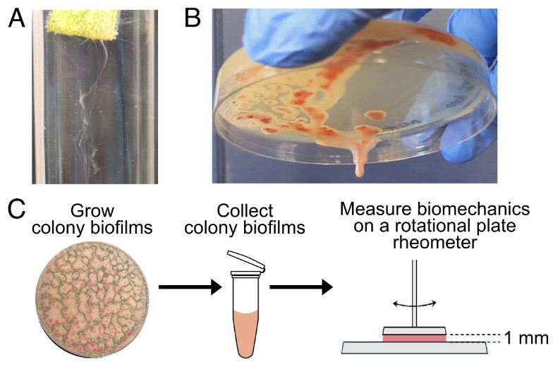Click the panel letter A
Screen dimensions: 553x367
(x=16, y=18)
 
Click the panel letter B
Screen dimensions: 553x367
(x=193, y=18)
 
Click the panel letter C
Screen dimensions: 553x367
(x=17, y=209)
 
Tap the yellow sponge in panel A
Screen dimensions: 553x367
(x=83, y=25)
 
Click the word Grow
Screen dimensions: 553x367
(x=92, y=211)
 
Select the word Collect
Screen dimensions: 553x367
(x=245, y=210)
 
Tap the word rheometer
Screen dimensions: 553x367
(x=435, y=243)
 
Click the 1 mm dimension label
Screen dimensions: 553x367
(x=526, y=337)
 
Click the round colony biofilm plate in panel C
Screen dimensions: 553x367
(x=92, y=300)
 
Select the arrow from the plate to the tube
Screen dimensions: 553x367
(x=190, y=287)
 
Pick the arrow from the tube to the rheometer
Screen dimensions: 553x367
(x=301, y=287)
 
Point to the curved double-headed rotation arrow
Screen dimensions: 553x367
(x=415, y=303)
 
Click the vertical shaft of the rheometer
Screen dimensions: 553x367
(x=415, y=294)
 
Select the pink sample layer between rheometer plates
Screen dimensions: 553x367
(x=415, y=338)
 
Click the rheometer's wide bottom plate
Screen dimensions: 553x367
(x=415, y=347)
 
